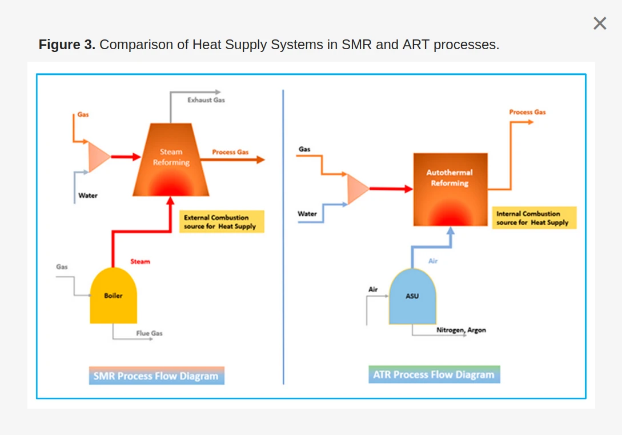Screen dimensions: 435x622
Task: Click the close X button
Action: pos(600,23)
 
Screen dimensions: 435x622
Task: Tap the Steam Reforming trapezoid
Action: pos(171,160)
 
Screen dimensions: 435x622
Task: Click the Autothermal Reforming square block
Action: pos(450,189)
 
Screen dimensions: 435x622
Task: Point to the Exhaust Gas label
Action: pos(206,100)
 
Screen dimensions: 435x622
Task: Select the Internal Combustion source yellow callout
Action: pos(533,218)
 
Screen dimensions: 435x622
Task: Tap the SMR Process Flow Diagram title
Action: pos(156,376)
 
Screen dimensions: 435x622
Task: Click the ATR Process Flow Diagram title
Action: pos(434,375)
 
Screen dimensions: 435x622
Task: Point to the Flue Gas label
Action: pos(149,333)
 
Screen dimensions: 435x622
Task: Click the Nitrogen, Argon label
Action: pos(461,330)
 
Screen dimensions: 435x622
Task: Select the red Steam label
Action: pos(140,262)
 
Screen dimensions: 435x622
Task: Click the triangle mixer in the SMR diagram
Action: pos(98,156)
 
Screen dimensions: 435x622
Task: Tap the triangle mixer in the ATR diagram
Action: pos(357,189)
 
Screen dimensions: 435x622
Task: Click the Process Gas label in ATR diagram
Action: pos(527,113)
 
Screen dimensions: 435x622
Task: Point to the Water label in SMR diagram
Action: pos(88,195)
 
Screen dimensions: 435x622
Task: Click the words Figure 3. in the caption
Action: pos(67,45)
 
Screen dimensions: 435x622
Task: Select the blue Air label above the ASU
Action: pos(433,261)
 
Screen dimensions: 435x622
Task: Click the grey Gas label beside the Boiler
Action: pos(62,267)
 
